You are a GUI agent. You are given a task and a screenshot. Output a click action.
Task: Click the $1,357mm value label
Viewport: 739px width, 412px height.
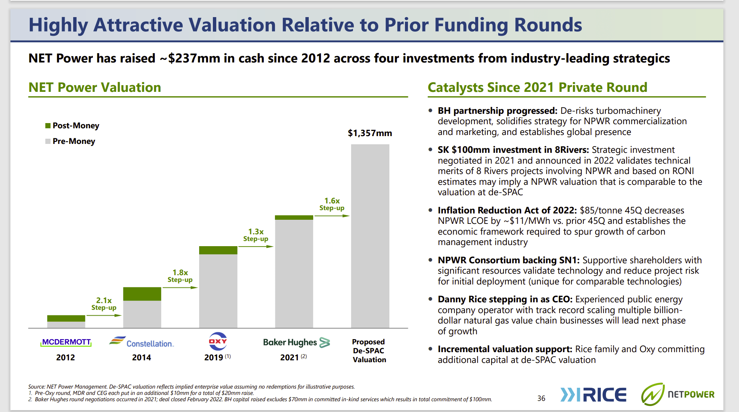(370, 133)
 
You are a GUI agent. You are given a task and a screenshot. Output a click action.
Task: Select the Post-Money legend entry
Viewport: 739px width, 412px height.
(72, 126)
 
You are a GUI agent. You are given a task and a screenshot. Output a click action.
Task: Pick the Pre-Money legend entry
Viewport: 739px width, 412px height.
(70, 141)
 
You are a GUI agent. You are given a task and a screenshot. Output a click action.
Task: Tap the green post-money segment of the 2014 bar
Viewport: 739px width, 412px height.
(142, 294)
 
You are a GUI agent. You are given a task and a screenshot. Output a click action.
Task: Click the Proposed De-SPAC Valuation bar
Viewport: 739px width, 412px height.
(370, 236)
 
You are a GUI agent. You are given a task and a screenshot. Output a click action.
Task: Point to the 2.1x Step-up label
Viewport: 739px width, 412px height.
(104, 303)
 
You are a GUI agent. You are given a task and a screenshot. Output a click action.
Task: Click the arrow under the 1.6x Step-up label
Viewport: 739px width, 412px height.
(332, 216)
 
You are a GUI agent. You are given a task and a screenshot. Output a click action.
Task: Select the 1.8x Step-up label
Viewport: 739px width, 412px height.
(180, 276)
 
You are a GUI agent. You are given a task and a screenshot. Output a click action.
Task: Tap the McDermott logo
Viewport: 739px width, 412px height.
(66, 342)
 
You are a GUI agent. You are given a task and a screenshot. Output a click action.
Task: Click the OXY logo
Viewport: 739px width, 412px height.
(218, 341)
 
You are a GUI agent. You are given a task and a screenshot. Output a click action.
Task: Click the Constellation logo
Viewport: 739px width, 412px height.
(142, 342)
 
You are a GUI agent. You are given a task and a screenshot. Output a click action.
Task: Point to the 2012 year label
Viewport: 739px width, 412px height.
(65, 357)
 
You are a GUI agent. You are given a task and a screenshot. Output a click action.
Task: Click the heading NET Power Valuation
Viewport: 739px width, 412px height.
(95, 87)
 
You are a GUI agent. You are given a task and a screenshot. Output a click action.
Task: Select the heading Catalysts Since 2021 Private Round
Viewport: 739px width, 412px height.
(537, 87)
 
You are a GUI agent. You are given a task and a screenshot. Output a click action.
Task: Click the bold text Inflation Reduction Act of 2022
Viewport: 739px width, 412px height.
(507, 210)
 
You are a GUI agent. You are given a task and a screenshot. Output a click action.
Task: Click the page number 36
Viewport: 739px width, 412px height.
(541, 398)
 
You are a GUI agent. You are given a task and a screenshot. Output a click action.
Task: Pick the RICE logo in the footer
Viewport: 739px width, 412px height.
(593, 395)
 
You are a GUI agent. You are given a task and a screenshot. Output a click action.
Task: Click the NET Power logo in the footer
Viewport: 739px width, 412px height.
(678, 394)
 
